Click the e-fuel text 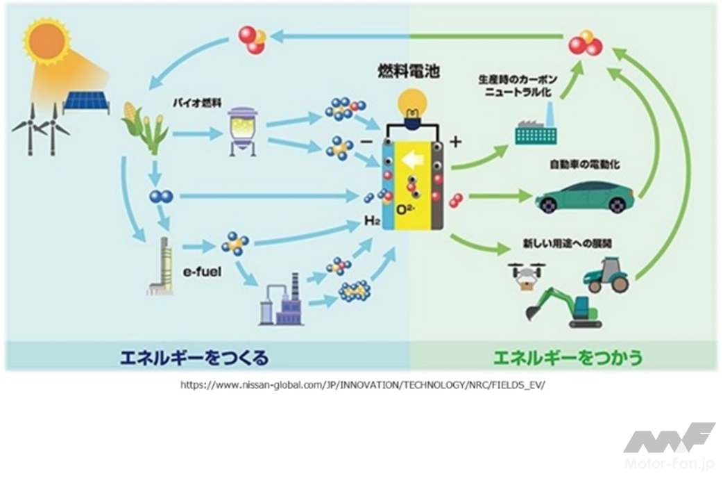tap(202, 272)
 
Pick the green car tap(585, 197)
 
